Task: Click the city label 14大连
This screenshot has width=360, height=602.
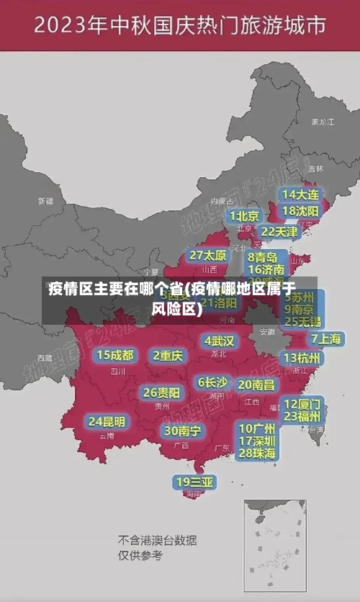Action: tap(300, 194)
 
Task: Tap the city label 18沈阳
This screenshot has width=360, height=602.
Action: tap(300, 211)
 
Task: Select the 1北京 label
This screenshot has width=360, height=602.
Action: tap(245, 216)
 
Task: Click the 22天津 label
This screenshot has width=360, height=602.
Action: tap(279, 232)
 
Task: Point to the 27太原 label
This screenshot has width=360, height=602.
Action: tap(208, 256)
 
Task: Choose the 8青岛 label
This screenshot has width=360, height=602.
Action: tap(263, 256)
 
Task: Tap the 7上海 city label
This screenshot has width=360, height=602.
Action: tap(325, 339)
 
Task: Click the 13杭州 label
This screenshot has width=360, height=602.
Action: tap(302, 358)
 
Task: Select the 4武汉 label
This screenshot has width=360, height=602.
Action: tap(219, 341)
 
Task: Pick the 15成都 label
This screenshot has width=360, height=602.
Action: tap(115, 355)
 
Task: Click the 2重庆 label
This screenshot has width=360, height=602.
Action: tap(168, 355)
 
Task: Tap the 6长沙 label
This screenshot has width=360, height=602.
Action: tap(213, 382)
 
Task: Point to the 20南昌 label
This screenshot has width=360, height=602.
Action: tap(256, 385)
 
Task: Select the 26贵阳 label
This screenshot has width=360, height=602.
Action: tap(161, 392)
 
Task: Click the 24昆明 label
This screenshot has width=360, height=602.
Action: tap(107, 421)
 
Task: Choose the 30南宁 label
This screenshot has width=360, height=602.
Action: tap(182, 431)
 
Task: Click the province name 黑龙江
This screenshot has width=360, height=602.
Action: tap(322, 122)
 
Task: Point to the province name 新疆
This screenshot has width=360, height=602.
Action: tap(45, 201)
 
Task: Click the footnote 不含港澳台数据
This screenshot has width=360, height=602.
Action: tap(157, 540)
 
